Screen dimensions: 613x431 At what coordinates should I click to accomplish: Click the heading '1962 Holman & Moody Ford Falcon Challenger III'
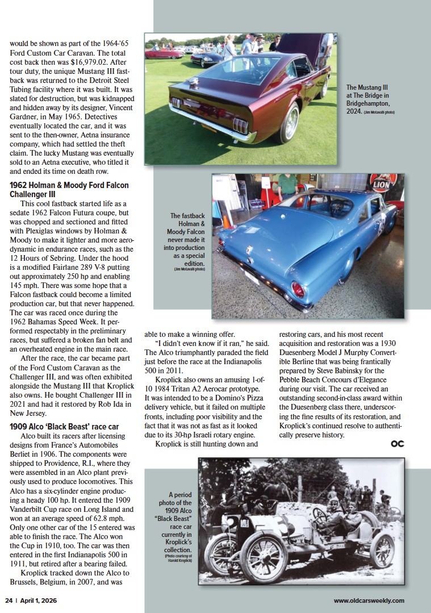coord(69,190)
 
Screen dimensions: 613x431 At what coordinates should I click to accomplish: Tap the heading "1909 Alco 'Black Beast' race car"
coord(64,426)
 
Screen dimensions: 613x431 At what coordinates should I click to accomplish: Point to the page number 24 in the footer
coord(9,601)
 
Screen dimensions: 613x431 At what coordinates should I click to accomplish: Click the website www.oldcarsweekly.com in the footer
coord(369,601)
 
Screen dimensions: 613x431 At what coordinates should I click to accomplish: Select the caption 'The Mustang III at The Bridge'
coord(369,99)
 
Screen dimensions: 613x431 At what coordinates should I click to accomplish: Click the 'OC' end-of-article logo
coord(397,444)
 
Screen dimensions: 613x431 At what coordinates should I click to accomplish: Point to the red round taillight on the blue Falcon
coord(298,290)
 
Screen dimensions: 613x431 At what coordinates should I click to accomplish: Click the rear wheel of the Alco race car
coord(381,551)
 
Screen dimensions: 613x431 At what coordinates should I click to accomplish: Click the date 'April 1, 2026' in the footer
coord(39,601)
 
